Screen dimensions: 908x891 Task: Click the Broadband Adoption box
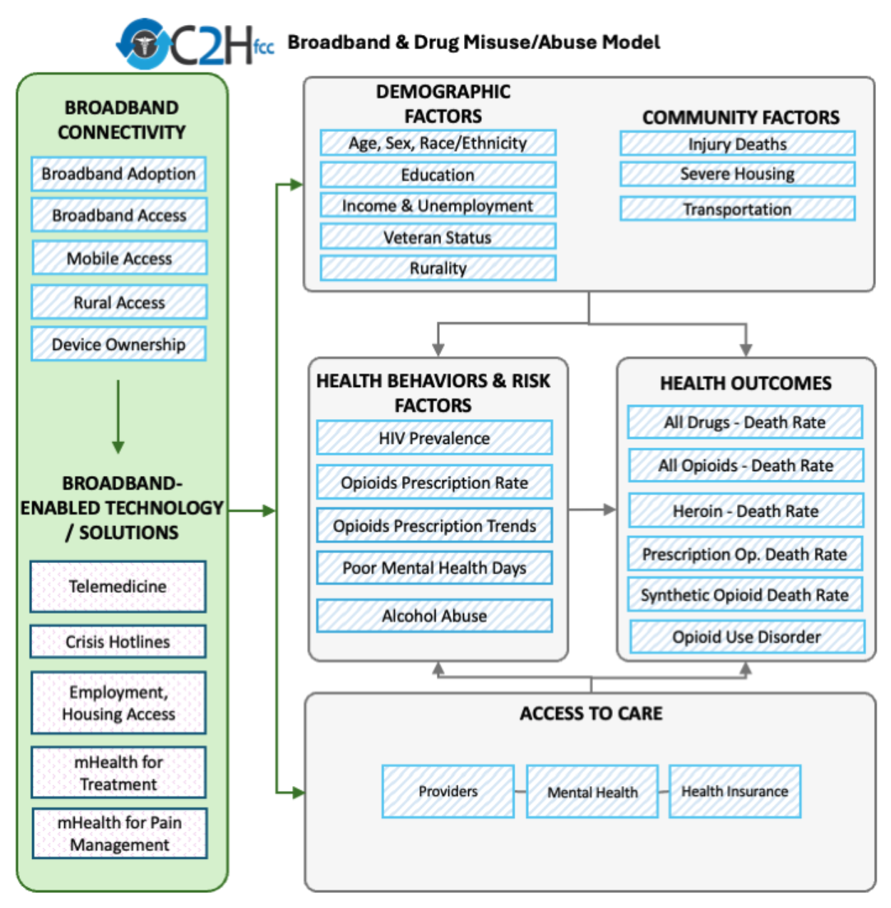pos(118,174)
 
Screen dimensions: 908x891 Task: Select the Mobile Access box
pos(119,258)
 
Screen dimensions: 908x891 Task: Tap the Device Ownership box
pos(118,344)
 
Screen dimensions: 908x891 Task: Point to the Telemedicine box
pos(118,587)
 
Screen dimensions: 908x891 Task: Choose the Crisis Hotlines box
pos(118,642)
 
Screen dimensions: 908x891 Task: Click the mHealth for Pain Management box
pos(119,833)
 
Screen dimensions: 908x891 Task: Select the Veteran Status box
pos(438,237)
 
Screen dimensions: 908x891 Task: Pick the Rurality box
pos(438,269)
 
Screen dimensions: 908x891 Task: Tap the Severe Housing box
pos(737,175)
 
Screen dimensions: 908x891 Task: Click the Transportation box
pos(737,209)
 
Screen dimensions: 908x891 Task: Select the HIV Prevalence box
pos(434,438)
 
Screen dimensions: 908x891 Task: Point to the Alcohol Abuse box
pos(434,616)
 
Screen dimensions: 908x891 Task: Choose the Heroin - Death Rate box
pos(746,511)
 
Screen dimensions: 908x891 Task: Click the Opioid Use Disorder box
pos(746,637)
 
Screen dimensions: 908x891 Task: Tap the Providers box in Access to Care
pos(448,791)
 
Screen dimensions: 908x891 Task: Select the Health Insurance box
pos(735,791)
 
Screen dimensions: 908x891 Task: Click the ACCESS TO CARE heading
pos(591,713)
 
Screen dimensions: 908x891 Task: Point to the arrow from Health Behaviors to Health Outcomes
pos(592,510)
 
